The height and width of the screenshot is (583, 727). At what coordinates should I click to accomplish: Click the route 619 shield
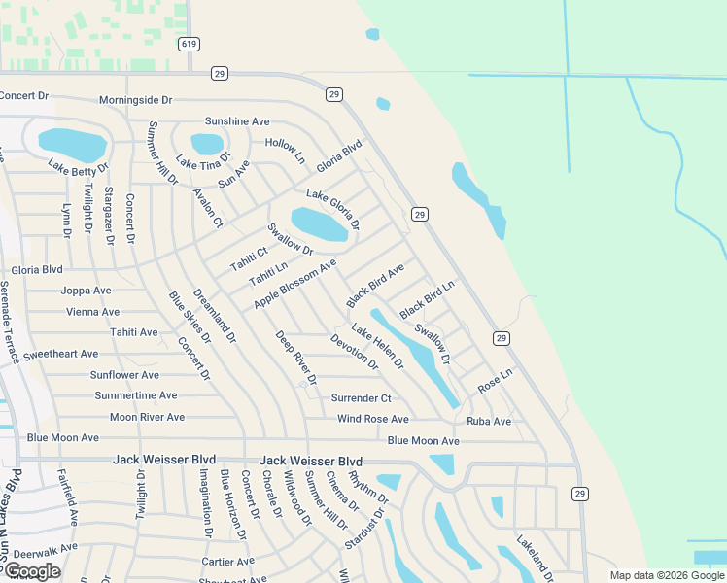(189, 44)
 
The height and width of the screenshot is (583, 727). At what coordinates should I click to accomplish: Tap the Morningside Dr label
(136, 100)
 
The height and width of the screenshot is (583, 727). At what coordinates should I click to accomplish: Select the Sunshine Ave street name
(236, 121)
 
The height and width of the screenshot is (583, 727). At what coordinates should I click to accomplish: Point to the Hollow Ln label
(285, 150)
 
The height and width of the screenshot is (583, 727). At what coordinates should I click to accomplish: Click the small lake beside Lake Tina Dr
(207, 144)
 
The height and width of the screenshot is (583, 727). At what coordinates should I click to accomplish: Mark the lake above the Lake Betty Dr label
(72, 144)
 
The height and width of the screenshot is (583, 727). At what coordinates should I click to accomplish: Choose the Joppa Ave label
(86, 291)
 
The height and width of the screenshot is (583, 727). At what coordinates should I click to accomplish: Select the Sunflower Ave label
(124, 375)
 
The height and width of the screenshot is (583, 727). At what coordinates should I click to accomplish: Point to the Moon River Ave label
(147, 418)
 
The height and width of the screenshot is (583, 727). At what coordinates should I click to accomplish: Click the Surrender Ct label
(361, 398)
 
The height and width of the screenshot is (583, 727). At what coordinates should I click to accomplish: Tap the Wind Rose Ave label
(372, 419)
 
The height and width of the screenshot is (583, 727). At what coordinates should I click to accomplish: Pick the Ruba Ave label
(488, 422)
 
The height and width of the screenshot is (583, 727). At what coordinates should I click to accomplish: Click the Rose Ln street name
(495, 381)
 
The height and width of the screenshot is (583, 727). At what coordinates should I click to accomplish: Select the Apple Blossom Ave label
(294, 284)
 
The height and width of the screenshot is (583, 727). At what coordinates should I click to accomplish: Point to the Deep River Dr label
(295, 358)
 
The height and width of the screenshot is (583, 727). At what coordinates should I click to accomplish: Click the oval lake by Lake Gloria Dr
(319, 224)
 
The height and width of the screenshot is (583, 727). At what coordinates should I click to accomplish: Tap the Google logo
(32, 571)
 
